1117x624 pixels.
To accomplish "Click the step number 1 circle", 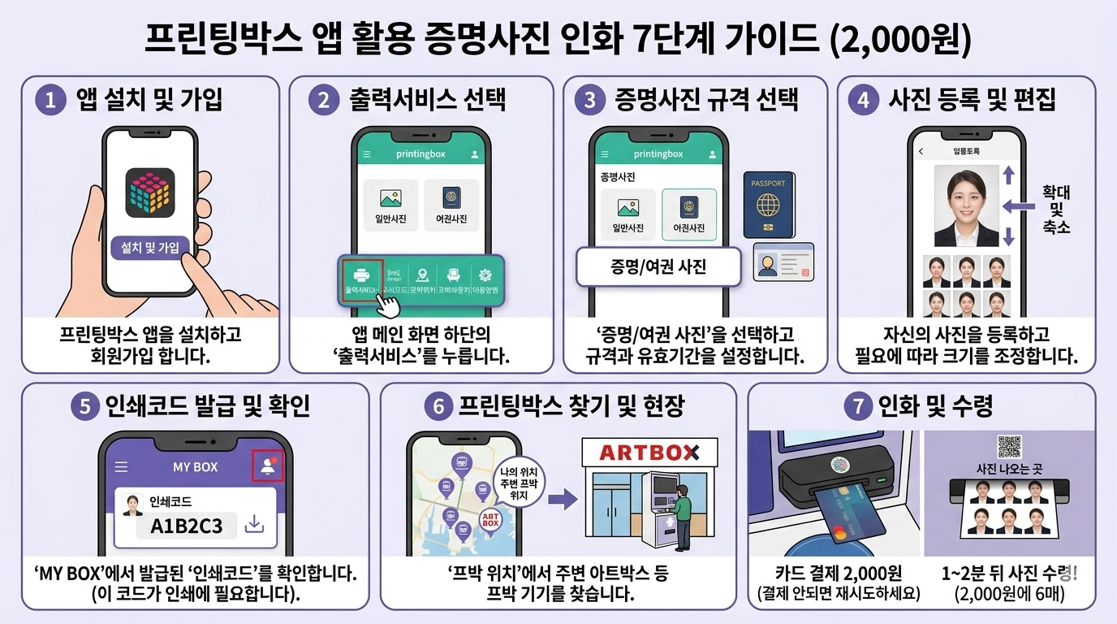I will [x=50, y=101].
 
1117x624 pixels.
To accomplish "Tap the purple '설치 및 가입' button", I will [x=150, y=247].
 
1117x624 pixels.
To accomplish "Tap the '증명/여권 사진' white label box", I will [x=658, y=267].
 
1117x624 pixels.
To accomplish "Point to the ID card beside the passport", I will [x=783, y=262].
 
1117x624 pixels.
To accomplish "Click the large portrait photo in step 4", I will [x=966, y=206].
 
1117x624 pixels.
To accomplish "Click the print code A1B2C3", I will [x=186, y=525].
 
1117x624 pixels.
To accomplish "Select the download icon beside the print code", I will [x=255, y=525].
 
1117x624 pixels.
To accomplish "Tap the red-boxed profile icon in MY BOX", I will [x=268, y=466].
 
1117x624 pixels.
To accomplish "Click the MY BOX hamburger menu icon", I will [x=121, y=467].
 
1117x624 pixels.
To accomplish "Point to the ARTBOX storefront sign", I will [x=650, y=453].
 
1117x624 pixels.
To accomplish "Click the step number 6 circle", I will [x=439, y=406].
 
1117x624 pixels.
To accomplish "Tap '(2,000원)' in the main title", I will [x=901, y=41].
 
